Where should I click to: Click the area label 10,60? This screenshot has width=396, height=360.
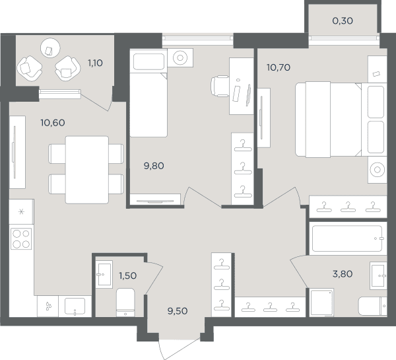53,123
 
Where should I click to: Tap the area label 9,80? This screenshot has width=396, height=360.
154,166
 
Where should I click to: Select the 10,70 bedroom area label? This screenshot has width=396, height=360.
279,67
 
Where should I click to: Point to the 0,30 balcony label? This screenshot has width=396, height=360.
343,20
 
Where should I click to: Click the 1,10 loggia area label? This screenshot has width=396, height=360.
95,63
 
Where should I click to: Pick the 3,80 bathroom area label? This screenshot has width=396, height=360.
343,273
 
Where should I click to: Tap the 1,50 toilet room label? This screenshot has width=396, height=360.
128,275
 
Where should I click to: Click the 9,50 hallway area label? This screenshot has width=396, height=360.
178,311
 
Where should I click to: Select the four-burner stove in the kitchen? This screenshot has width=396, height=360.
21,238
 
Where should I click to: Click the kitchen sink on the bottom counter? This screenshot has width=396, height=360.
75,306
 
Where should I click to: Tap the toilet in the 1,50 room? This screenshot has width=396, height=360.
125,303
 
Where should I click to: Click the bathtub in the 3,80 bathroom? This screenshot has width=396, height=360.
347,238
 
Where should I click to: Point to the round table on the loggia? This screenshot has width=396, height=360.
50,48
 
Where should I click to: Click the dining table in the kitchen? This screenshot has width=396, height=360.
87,170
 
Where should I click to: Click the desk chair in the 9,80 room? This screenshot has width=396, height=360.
220,86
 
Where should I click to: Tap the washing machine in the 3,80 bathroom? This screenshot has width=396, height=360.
321,303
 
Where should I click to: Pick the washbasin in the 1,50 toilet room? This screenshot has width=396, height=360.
104,274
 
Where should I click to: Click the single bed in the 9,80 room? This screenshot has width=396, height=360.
148,92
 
